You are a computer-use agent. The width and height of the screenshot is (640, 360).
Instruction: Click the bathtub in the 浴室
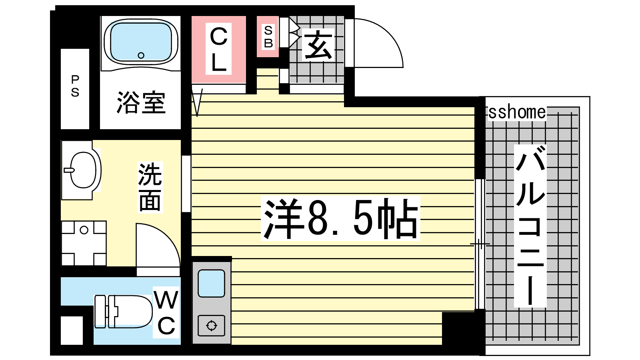point(141,42)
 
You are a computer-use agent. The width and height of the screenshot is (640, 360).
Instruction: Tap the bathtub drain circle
point(141,56)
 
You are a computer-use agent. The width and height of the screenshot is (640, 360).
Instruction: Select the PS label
point(75,86)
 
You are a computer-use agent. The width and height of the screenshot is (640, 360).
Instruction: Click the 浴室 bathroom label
point(141,102)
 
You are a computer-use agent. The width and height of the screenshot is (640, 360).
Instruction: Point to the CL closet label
point(218,49)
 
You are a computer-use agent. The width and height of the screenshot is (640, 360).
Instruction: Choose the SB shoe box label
point(268,37)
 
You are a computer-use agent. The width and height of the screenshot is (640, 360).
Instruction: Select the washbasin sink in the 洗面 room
point(82,170)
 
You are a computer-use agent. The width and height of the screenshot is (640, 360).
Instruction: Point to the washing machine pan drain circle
point(84,230)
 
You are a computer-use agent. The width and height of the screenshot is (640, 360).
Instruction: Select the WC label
point(166,312)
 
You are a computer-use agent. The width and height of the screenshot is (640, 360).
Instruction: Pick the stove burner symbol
point(212,326)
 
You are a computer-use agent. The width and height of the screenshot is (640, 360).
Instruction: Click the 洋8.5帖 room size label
point(340,218)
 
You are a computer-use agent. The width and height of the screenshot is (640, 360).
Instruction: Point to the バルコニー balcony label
point(530,226)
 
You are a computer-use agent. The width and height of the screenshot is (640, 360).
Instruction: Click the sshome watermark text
point(517,112)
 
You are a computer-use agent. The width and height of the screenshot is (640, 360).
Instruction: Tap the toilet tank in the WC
point(100,312)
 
